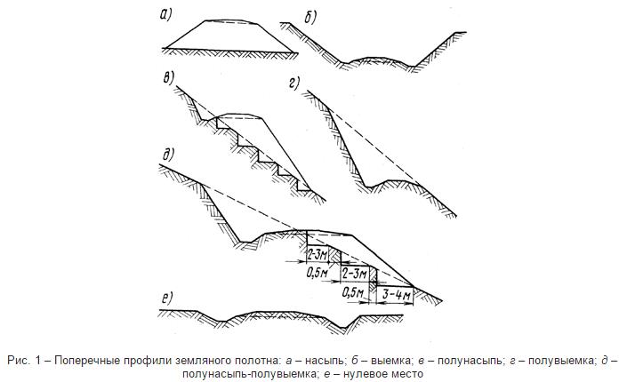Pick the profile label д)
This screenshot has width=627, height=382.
pos(167,153)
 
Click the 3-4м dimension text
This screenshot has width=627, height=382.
pos(393,291)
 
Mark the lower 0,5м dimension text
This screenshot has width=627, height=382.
pos(353,291)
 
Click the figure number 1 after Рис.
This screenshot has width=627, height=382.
pos(32,360)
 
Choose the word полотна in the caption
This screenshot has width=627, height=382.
pos(241,360)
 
